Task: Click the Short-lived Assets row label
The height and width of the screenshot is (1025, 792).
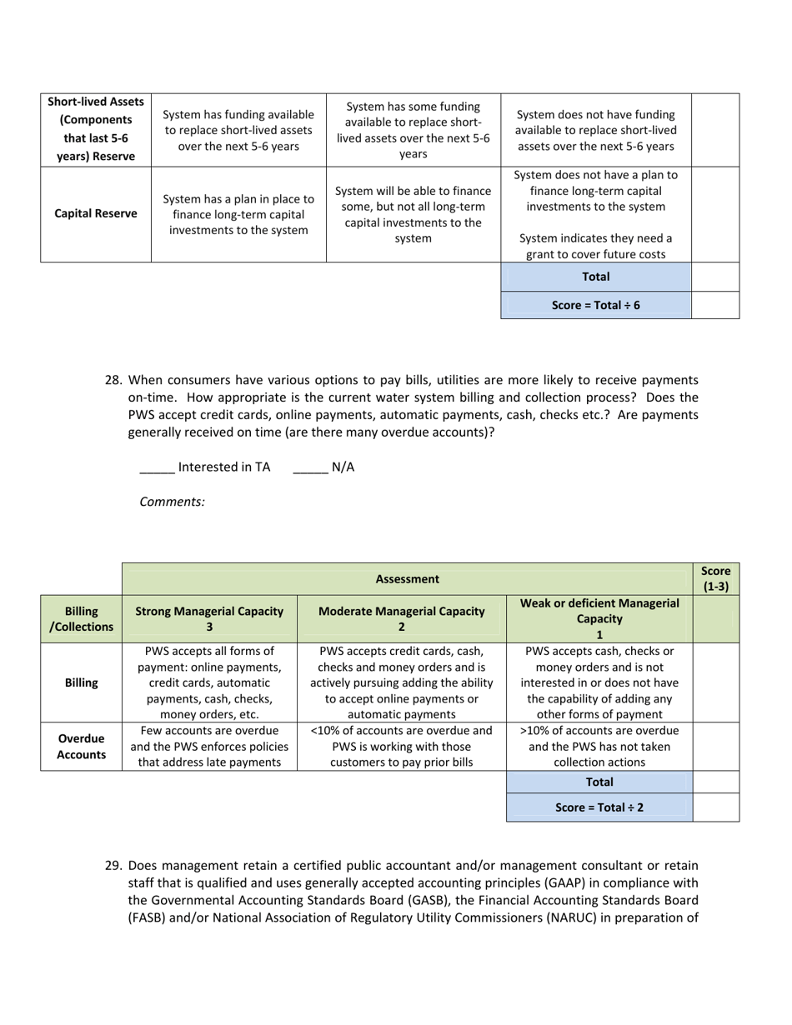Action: pyautogui.click(x=96, y=129)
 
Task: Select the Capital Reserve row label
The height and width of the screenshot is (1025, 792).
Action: pyautogui.click(x=96, y=213)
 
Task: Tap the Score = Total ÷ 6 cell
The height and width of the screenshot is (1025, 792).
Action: pyautogui.click(x=596, y=305)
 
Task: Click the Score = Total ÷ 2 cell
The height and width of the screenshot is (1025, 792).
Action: pyautogui.click(x=599, y=807)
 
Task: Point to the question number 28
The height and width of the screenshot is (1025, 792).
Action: pyautogui.click(x=114, y=380)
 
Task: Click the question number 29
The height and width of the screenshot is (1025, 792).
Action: pyautogui.click(x=114, y=866)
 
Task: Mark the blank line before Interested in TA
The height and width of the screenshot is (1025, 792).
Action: pyautogui.click(x=157, y=467)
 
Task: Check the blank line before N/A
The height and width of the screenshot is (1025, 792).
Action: pyautogui.click(x=310, y=467)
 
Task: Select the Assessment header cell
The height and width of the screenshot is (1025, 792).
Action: pyautogui.click(x=407, y=578)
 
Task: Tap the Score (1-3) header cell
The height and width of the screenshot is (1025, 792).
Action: pyautogui.click(x=715, y=578)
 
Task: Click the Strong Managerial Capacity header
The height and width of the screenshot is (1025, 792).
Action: pyautogui.click(x=209, y=618)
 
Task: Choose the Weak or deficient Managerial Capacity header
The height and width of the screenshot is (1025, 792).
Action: pyautogui.click(x=599, y=618)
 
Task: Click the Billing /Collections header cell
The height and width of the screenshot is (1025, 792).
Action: pyautogui.click(x=81, y=618)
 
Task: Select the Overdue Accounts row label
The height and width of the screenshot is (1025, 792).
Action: pyautogui.click(x=81, y=746)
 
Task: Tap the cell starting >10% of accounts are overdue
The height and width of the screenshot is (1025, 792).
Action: pyautogui.click(x=599, y=746)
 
